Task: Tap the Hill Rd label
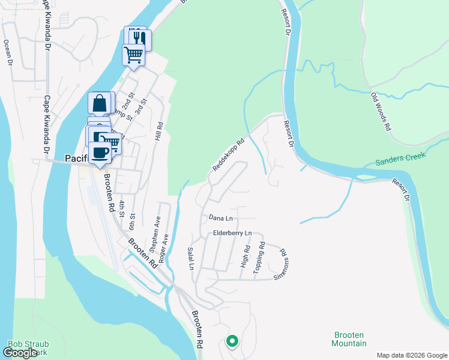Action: (x=159, y=131)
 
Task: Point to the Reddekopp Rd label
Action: (x=228, y=155)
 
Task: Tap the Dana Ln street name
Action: (x=220, y=217)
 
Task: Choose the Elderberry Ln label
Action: (x=231, y=233)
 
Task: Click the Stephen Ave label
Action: (x=154, y=235)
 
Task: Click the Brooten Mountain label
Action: (x=349, y=339)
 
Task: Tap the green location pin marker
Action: (x=232, y=341)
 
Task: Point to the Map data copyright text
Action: (x=411, y=355)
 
